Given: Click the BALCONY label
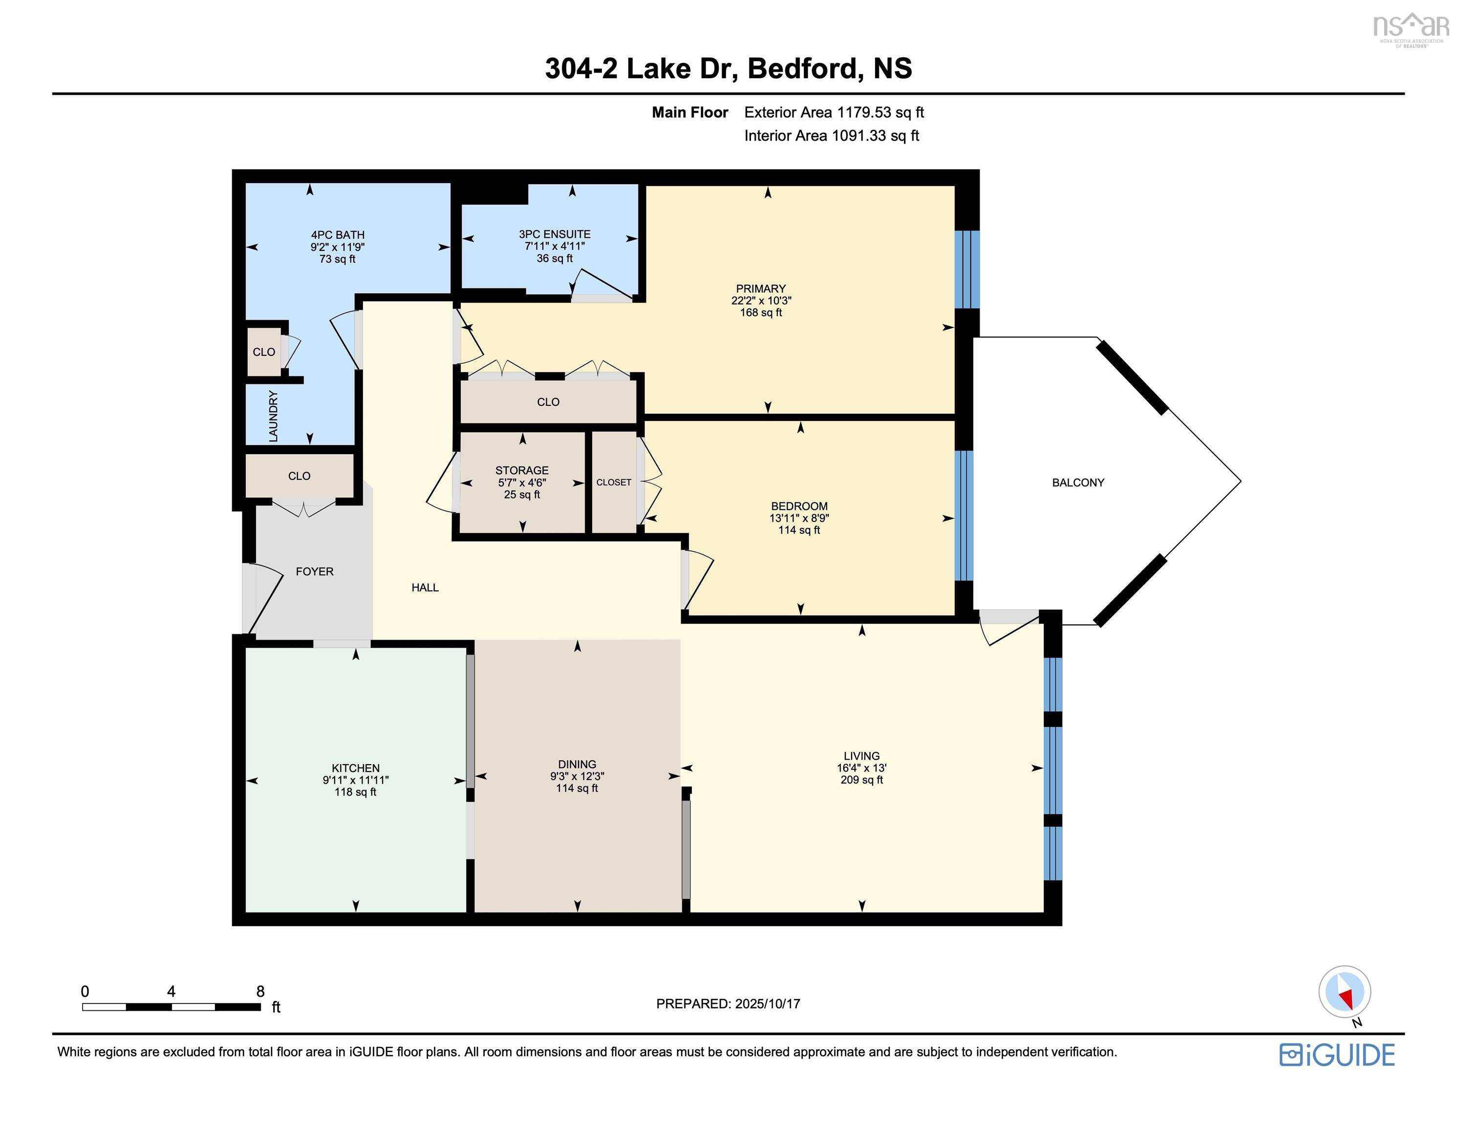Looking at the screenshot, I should coord(1078,482).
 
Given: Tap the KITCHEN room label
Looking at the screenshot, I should coord(356,768).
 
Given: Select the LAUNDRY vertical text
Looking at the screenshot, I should coord(273,416).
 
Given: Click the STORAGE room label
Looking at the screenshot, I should coord(522,470).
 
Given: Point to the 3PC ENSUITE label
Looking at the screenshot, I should coord(555,234).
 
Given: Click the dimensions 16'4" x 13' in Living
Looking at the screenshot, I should coord(861,768).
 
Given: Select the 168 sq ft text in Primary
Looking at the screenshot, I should coord(761,312).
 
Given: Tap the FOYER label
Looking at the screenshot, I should coord(314,571).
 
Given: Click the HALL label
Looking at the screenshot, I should coord(425,587).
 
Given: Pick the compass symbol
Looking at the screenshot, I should coord(1344,992).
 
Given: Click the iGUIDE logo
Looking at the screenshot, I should coord(1336,1054).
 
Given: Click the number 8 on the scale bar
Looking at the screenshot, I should coord(260,992).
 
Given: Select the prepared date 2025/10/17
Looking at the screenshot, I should coord(767,1003).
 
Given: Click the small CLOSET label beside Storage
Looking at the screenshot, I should coord(613,482).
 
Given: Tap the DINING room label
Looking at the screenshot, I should coord(577,764).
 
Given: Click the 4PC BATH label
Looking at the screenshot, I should coord(338,235).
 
